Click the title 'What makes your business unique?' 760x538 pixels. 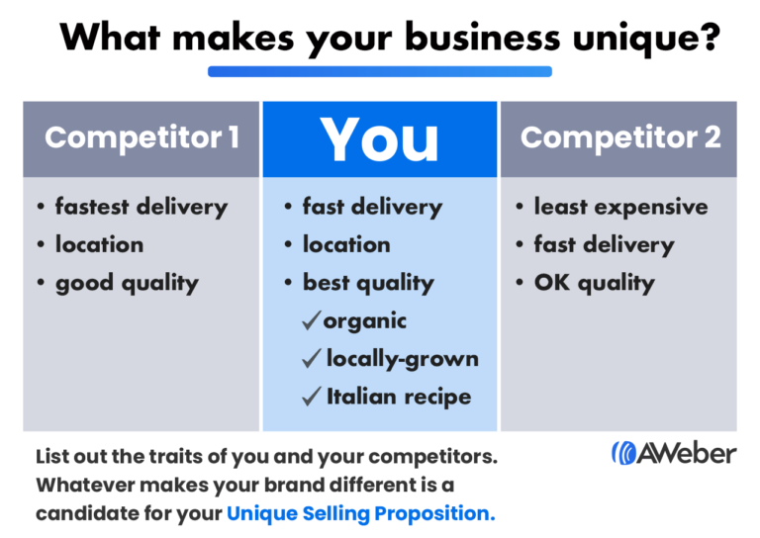pos(380,38)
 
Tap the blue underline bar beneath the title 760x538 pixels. pos(380,71)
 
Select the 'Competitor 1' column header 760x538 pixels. pos(142,137)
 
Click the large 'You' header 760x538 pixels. pos(380,139)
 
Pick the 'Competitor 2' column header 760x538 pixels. pos(620,137)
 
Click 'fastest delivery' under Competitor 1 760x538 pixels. pos(142,207)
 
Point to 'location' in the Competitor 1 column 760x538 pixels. pos(99,244)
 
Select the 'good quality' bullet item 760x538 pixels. pos(127,283)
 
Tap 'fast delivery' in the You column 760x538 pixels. pos(372,207)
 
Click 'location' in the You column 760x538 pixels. pos(346,244)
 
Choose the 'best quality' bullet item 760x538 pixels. pos(368,283)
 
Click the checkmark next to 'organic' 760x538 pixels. pos(312,320)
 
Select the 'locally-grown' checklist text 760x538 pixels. pos(402,359)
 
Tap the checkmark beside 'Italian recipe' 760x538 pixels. pos(312,397)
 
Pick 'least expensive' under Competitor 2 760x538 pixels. pos(620,207)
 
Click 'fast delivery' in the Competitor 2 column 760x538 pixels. pos(604,244)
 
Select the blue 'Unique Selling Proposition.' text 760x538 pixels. pos(360,513)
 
